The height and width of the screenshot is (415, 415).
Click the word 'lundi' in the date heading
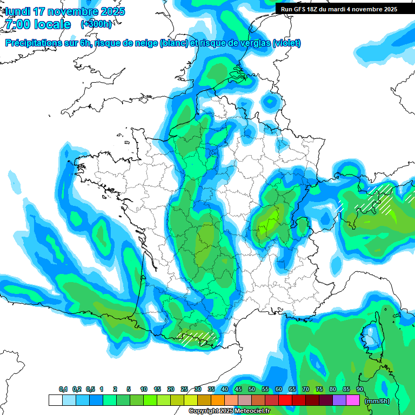click(18, 11)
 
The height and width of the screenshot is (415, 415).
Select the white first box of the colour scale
click(55, 400)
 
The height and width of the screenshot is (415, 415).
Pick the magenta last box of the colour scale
click(353, 400)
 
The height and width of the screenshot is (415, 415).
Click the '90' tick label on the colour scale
click(360, 389)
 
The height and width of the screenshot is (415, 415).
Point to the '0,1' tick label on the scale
click(63, 389)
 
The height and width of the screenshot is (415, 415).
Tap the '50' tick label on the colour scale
click(252, 389)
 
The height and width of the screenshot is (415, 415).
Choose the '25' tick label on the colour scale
click(184, 389)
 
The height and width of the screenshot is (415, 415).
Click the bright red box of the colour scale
click(285, 400)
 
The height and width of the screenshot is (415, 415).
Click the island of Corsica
click(371, 338)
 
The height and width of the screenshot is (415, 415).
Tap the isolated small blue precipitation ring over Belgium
click(270, 101)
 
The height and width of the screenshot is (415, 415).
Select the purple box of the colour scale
click(339, 400)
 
